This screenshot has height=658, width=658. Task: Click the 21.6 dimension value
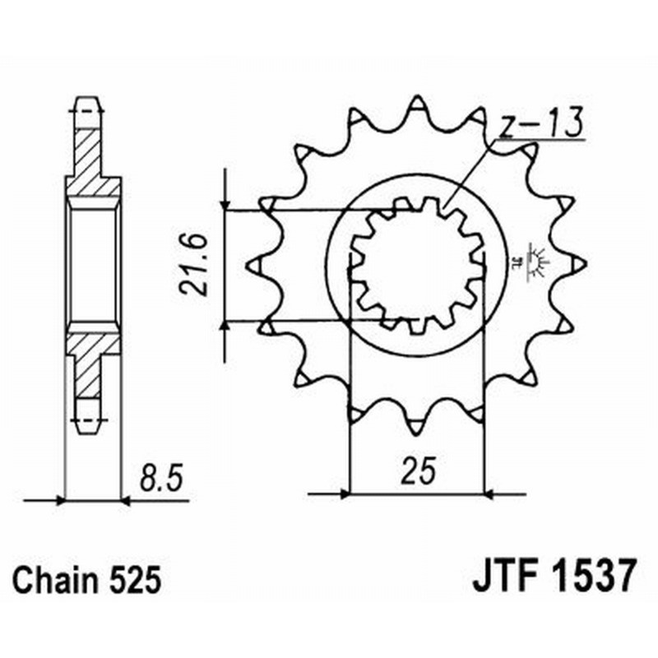point(191,265)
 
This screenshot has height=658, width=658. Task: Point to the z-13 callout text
point(540,125)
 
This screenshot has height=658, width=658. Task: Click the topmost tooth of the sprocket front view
point(417,107)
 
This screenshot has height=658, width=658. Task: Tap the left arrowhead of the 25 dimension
point(345,494)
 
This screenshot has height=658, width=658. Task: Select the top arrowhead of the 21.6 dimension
point(225,204)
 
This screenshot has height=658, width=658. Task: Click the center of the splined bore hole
point(417,265)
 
